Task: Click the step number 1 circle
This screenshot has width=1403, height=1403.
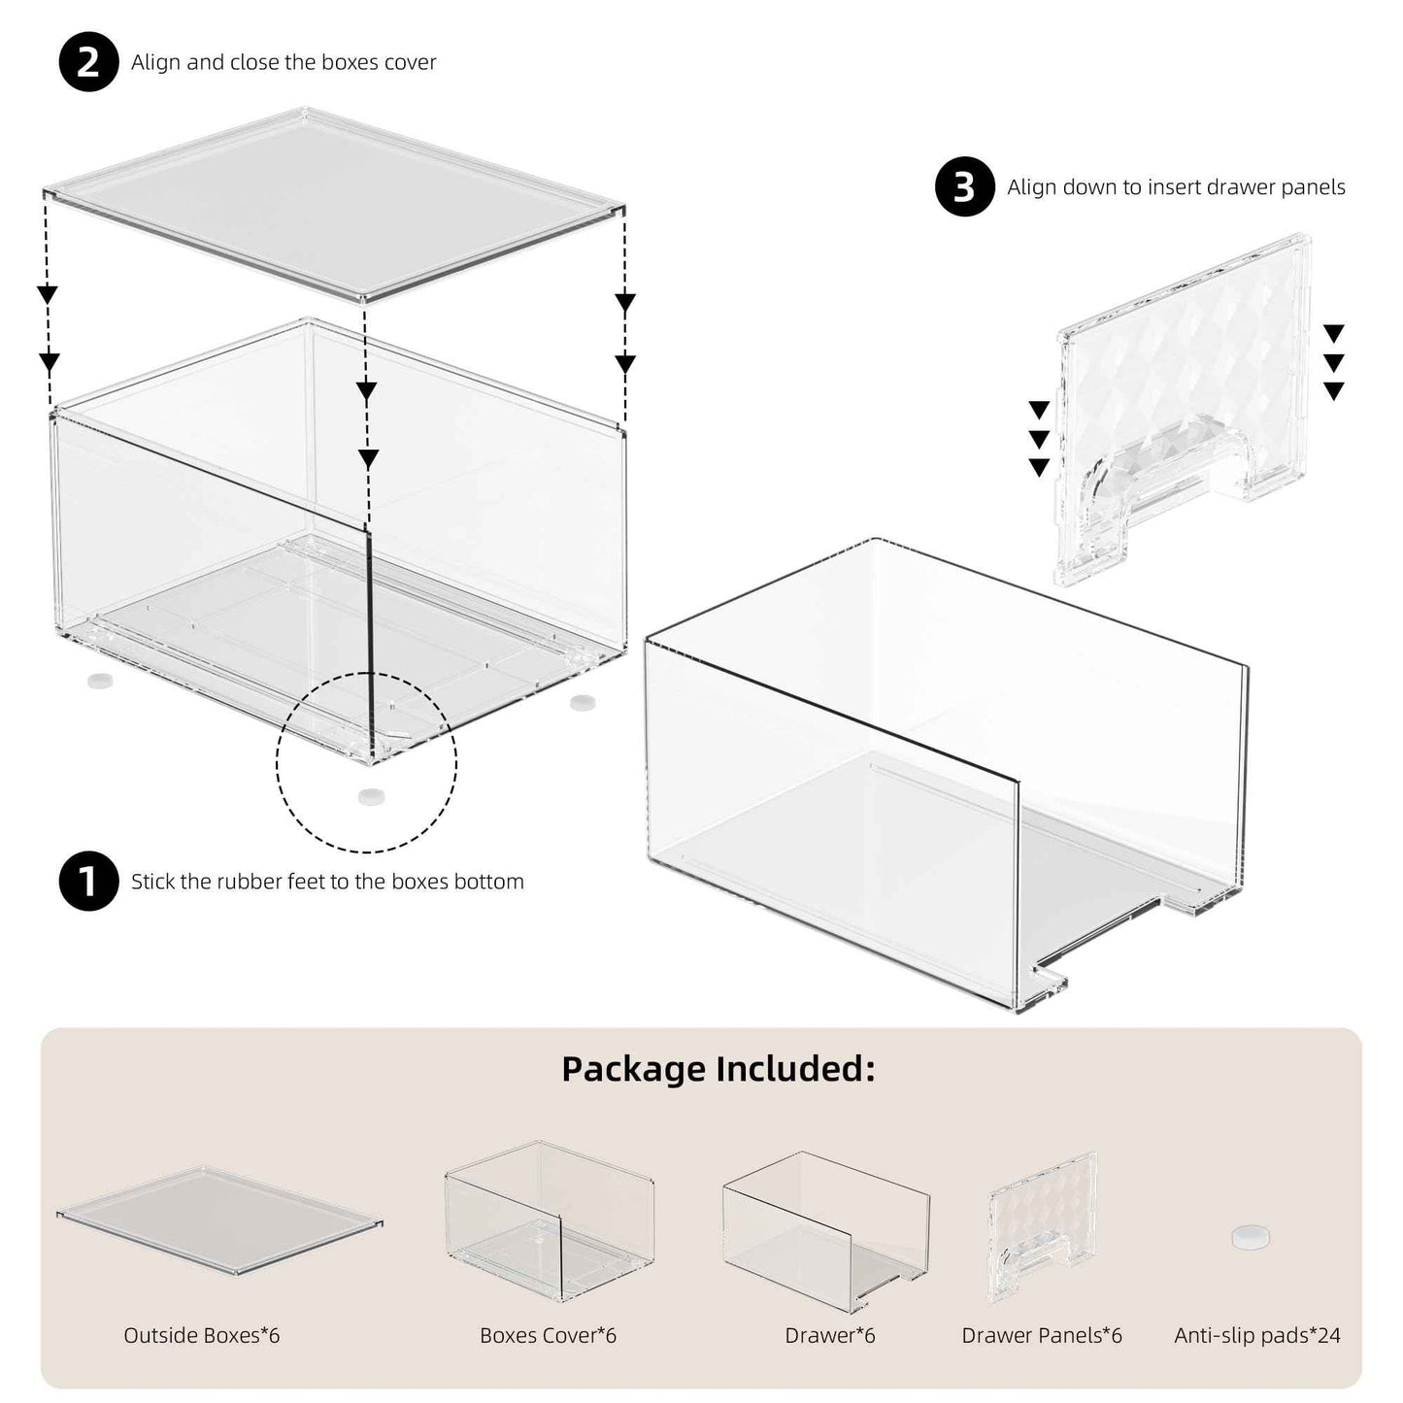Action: tap(88, 882)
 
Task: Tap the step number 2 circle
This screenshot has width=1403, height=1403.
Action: tap(88, 62)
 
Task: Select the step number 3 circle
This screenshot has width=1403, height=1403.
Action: tap(964, 186)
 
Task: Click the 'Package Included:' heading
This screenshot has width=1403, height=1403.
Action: tap(718, 1068)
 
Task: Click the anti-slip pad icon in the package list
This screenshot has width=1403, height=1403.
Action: tap(1250, 1237)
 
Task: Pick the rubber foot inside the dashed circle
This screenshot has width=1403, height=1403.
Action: tap(371, 796)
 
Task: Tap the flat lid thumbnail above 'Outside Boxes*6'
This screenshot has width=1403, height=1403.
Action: tap(218, 1219)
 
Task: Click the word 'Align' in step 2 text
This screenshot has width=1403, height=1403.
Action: tap(155, 62)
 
